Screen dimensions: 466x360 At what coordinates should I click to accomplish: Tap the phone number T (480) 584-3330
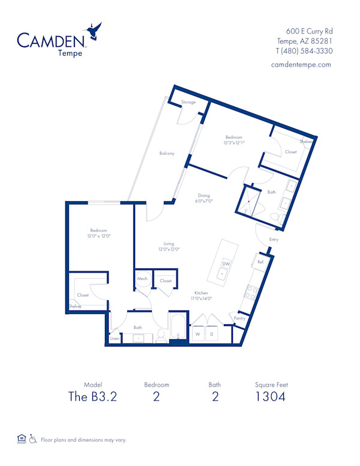pos(304,51)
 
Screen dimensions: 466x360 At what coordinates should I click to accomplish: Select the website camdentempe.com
pos(305,65)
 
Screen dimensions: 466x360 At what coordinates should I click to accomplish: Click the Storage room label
pos(188,103)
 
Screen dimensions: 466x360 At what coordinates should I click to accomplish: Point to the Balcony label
pos(167,154)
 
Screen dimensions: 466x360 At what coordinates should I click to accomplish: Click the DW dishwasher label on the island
pos(226,264)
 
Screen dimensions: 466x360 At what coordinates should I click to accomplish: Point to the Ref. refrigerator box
pos(260,262)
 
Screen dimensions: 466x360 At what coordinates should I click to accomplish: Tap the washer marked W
pos(197,334)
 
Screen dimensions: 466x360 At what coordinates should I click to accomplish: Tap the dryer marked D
pos(212,334)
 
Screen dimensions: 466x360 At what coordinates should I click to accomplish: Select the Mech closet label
pos(142,279)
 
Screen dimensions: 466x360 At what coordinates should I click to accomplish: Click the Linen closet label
pos(115,339)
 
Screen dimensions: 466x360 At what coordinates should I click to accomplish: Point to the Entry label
pos(274,240)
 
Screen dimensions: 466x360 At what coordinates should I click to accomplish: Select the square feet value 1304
pos(269,396)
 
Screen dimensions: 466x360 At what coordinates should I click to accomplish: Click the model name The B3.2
pos(92,396)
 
